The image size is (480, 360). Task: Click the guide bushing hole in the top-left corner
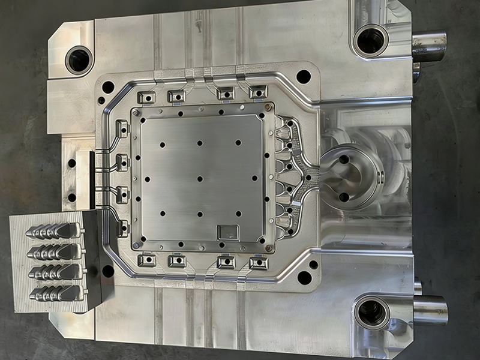(x=79, y=59)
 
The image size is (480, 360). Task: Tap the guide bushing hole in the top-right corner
(x=371, y=41)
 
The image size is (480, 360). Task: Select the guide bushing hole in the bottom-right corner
(x=371, y=313)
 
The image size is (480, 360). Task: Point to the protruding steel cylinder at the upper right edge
(x=429, y=47)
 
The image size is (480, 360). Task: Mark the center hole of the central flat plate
(x=199, y=179)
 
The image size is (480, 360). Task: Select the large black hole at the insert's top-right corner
(x=304, y=77)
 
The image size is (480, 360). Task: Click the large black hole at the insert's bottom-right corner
(x=304, y=278)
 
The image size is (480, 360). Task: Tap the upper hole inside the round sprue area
(x=344, y=160)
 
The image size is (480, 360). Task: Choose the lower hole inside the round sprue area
(x=344, y=197)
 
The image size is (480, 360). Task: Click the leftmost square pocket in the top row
(x=146, y=97)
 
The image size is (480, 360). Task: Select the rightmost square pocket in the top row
(x=258, y=92)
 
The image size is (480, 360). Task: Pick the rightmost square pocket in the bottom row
(x=259, y=262)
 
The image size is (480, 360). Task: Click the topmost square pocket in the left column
(x=122, y=128)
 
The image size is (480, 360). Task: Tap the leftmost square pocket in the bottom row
(x=146, y=260)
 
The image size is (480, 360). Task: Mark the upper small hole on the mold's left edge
(x=72, y=163)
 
